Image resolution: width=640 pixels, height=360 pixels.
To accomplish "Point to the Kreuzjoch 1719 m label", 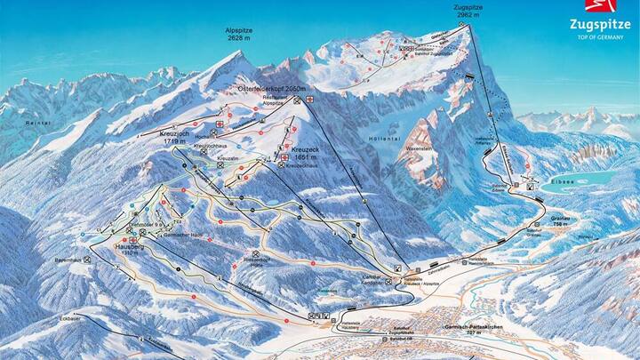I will click(x=168, y=137).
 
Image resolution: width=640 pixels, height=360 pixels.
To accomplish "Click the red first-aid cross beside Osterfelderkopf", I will click(x=310, y=100).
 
